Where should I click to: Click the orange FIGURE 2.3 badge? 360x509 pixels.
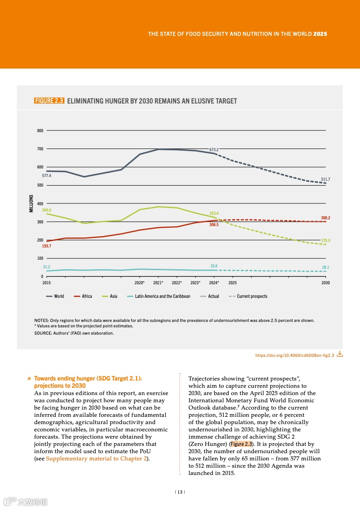pyautogui.click(x=49, y=101)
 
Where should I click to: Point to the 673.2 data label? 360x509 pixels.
pyautogui.click(x=214, y=149)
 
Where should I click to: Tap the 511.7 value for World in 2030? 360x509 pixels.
pyautogui.click(x=325, y=179)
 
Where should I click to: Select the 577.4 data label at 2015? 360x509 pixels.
pyautogui.click(x=46, y=175)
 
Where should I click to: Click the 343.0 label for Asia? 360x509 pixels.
pyautogui.click(x=46, y=210)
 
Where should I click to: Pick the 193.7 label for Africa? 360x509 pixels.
pyautogui.click(x=46, y=246)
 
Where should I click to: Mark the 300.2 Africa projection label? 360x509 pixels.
pyautogui.click(x=325, y=218)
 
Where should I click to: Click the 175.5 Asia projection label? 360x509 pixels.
pyautogui.click(x=325, y=241)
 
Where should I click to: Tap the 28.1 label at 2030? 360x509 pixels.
pyautogui.click(x=325, y=267)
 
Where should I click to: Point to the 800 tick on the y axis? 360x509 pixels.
pyautogui.click(x=40, y=131)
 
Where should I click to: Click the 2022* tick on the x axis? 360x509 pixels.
pyautogui.click(x=177, y=283)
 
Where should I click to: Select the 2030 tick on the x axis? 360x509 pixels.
pyautogui.click(x=325, y=283)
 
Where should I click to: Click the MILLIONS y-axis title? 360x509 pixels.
pyautogui.click(x=31, y=203)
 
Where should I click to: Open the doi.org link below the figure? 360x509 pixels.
pyautogui.click(x=295, y=355)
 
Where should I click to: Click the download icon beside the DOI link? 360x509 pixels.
pyautogui.click(x=340, y=354)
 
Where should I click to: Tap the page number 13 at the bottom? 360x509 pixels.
pyautogui.click(x=180, y=492)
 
